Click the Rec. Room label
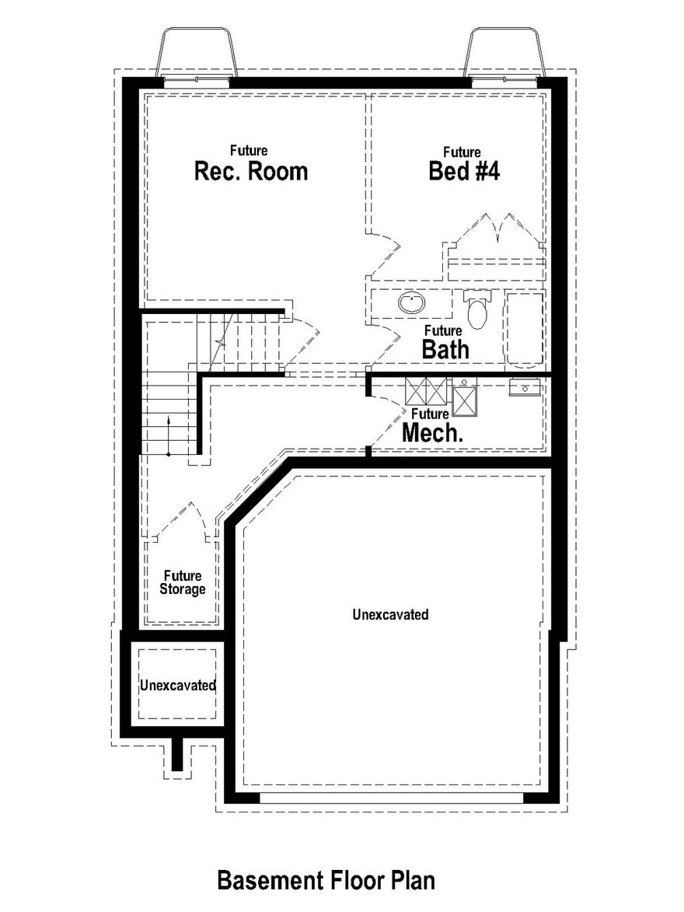tap(250, 170)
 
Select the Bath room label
tap(445, 348)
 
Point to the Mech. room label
tap(432, 432)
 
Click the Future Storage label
tap(183, 582)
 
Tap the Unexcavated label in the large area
tap(390, 614)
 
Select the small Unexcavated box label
tap(177, 686)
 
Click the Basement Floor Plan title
tap(326, 880)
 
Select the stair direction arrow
tap(169, 435)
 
